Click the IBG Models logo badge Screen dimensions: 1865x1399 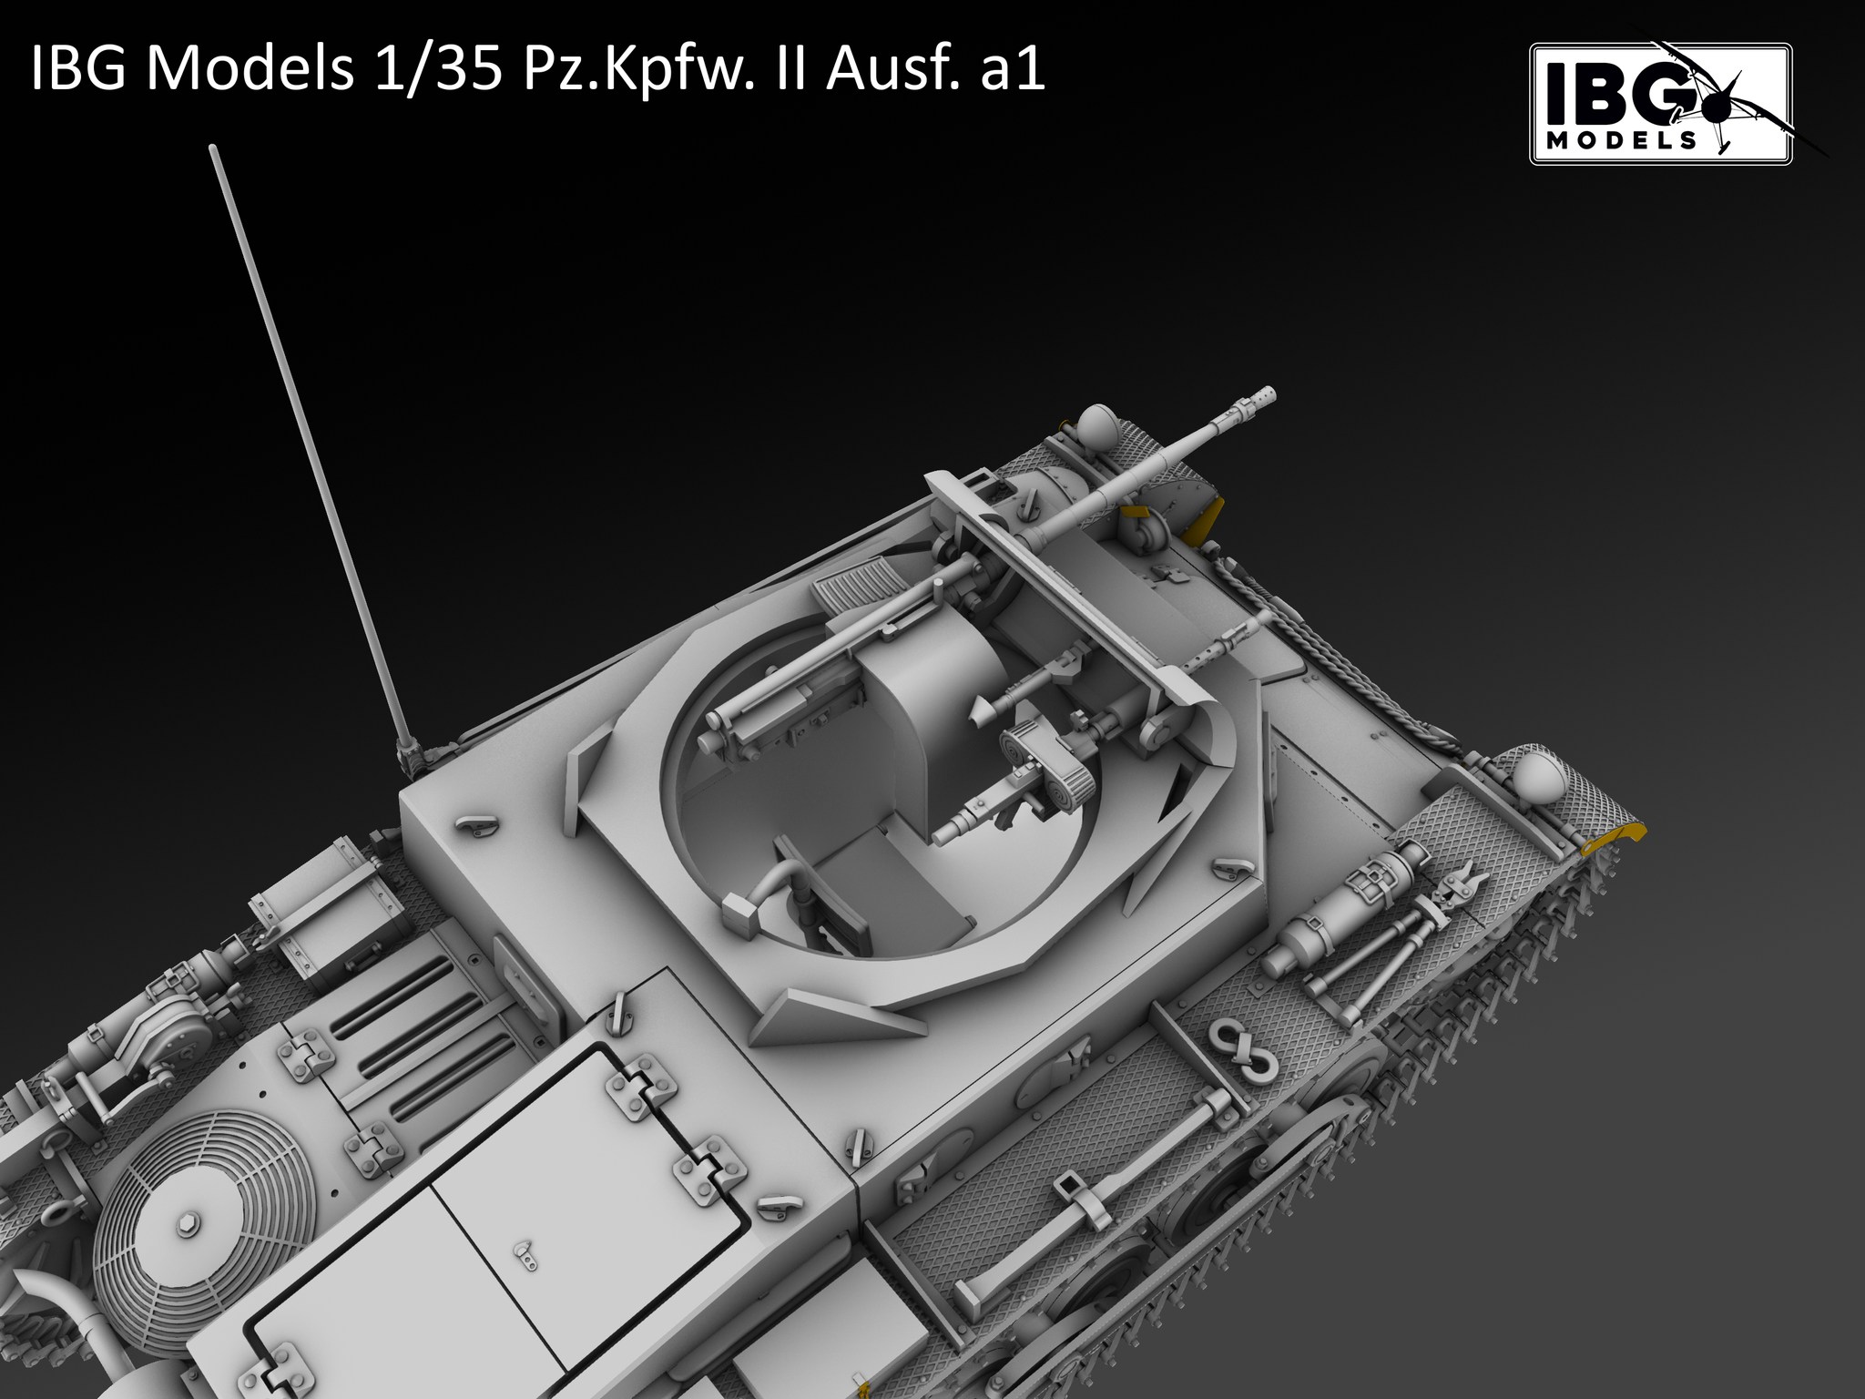pyautogui.click(x=1660, y=104)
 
